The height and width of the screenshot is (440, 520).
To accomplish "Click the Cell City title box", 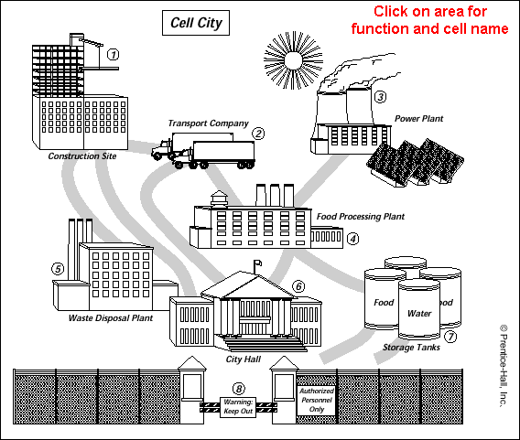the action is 196,23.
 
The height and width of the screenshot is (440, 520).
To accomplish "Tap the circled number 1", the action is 114,54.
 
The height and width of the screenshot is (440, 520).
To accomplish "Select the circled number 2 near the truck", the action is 258,134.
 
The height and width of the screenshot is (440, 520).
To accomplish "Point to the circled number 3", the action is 380,97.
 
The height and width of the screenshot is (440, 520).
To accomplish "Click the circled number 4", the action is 352,239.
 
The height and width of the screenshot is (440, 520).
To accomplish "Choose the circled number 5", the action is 58,268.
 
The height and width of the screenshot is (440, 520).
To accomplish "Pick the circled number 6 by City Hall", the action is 298,286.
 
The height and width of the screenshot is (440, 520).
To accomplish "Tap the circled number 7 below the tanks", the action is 450,337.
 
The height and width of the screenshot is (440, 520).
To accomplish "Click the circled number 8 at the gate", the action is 238,388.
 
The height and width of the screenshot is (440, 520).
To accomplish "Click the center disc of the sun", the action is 293,60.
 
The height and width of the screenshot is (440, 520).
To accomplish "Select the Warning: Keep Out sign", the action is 238,407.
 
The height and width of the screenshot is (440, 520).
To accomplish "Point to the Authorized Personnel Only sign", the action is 317,401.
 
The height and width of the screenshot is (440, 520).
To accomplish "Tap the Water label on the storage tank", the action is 419,313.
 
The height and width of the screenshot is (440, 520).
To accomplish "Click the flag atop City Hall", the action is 258,263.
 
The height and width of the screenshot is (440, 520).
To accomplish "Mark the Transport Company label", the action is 208,123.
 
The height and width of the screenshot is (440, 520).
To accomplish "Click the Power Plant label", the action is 419,119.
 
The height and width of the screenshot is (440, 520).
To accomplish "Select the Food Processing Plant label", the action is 361,217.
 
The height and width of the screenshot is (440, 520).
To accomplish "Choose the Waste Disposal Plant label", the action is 111,318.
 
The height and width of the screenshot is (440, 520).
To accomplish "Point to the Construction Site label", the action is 82,156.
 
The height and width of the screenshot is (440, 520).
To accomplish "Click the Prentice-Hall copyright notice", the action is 504,366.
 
